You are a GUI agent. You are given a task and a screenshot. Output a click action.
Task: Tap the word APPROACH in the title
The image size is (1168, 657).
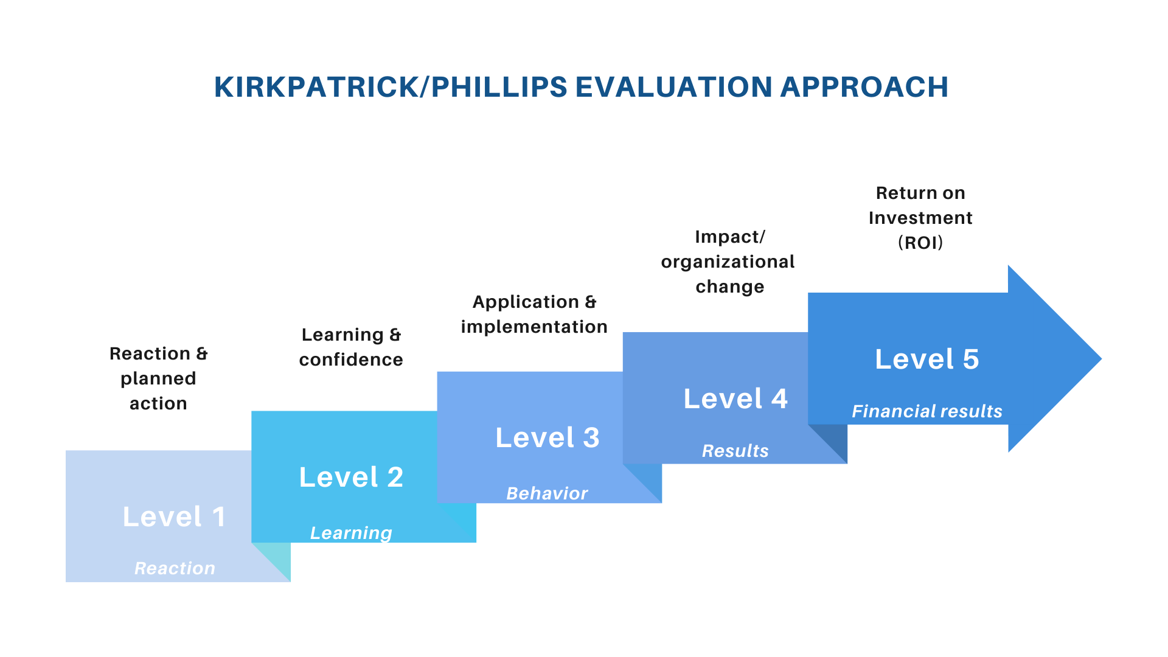click(x=864, y=87)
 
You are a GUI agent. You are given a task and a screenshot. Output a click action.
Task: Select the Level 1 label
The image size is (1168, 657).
click(x=175, y=517)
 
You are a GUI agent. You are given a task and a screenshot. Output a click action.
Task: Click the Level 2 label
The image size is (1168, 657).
click(x=351, y=478)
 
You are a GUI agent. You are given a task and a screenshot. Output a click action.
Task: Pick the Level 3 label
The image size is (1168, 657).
click(x=547, y=438)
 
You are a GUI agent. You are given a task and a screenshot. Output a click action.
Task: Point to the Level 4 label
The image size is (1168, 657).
click(x=735, y=399)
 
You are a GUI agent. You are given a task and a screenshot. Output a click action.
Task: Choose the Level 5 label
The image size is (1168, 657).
click(x=926, y=360)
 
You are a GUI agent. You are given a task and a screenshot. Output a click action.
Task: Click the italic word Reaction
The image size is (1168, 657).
click(x=175, y=568)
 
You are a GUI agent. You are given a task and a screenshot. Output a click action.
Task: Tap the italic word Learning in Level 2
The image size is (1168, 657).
click(x=351, y=533)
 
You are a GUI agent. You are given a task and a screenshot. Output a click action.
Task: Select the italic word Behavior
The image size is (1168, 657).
click(x=547, y=493)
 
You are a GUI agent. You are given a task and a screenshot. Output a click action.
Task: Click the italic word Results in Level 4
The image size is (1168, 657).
click(x=735, y=451)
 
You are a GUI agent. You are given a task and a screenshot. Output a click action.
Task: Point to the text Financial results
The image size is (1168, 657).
click(x=926, y=412)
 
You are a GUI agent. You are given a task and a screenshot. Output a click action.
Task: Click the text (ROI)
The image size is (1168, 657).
click(x=920, y=243)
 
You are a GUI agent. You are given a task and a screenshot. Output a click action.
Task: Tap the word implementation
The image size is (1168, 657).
click(x=534, y=327)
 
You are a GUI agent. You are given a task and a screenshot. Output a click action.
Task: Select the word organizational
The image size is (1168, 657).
click(x=728, y=262)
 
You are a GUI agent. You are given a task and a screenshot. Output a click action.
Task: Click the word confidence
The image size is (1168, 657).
click(x=351, y=360)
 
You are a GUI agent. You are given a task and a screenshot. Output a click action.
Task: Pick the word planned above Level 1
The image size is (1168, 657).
click(x=158, y=378)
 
